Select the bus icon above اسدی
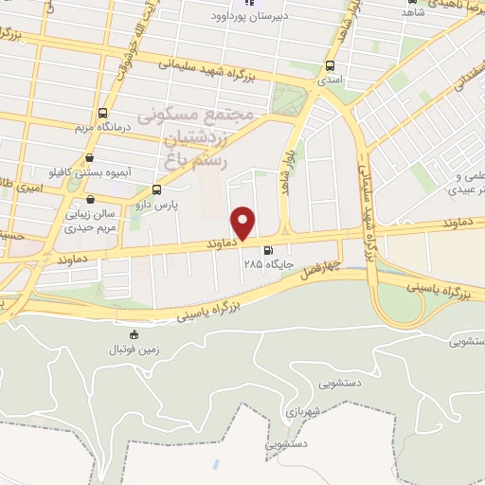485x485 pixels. pos(329,65)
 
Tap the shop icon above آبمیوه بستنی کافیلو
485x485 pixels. pos(89,157)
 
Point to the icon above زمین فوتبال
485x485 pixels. pos(134,334)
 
